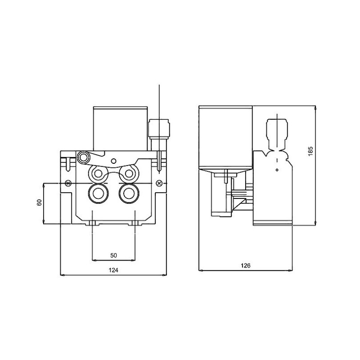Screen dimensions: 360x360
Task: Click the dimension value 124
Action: pos(113,270)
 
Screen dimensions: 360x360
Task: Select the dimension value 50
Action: pos(113,255)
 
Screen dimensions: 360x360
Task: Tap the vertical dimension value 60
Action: pos(39,202)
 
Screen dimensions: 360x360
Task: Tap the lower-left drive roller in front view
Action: pos(98,193)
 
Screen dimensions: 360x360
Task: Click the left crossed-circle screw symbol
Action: pos(67,183)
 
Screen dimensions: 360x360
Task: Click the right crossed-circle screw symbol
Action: pos(159,183)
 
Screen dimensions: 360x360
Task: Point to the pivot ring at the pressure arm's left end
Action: pos(83,157)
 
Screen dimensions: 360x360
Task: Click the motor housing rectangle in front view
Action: pos(120,128)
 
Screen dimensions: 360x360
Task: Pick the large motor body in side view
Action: pos(226,137)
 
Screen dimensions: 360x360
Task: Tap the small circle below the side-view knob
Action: pos(277,169)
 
